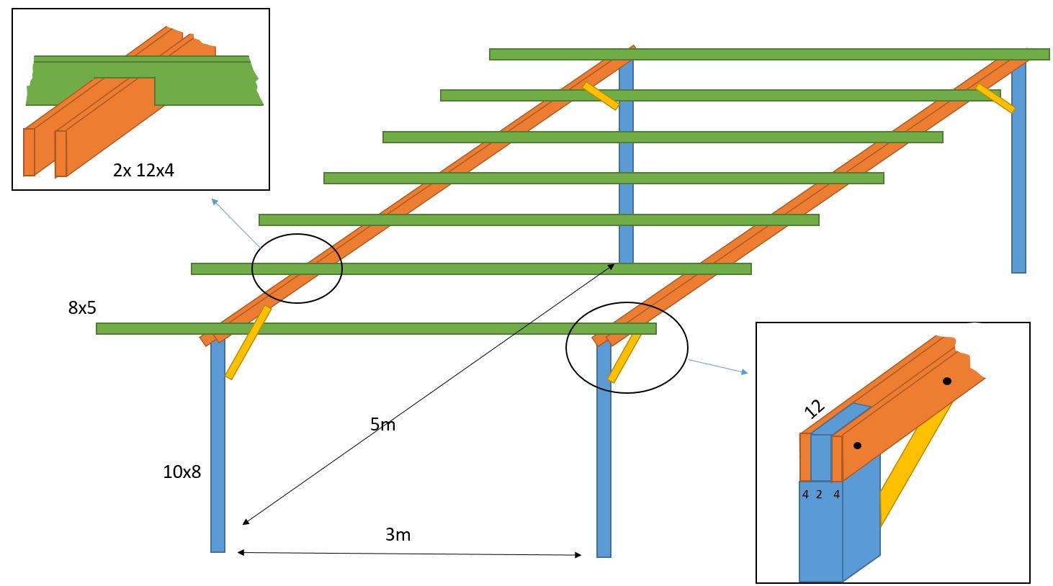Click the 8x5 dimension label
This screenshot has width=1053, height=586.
pos(82,308)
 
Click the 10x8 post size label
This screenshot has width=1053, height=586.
pos(182,472)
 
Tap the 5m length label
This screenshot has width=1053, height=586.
pos(382,425)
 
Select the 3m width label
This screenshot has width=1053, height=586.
pos(398,535)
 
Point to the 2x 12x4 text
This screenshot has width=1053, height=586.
pos(143,171)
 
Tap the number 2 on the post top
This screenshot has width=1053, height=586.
pos(819,495)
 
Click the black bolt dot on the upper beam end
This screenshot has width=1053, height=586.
pos(947,381)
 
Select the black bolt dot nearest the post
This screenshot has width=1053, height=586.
pos(857,446)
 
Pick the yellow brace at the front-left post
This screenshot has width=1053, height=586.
pos(248,342)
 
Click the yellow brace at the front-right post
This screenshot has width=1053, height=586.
pos(624,358)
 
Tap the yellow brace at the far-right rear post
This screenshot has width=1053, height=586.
pos(995,98)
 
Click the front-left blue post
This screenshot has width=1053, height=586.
pos(218,446)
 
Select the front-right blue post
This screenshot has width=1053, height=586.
pos(604,454)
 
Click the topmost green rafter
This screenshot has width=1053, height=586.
pos(769,54)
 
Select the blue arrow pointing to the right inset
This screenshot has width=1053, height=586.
pos(718,366)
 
